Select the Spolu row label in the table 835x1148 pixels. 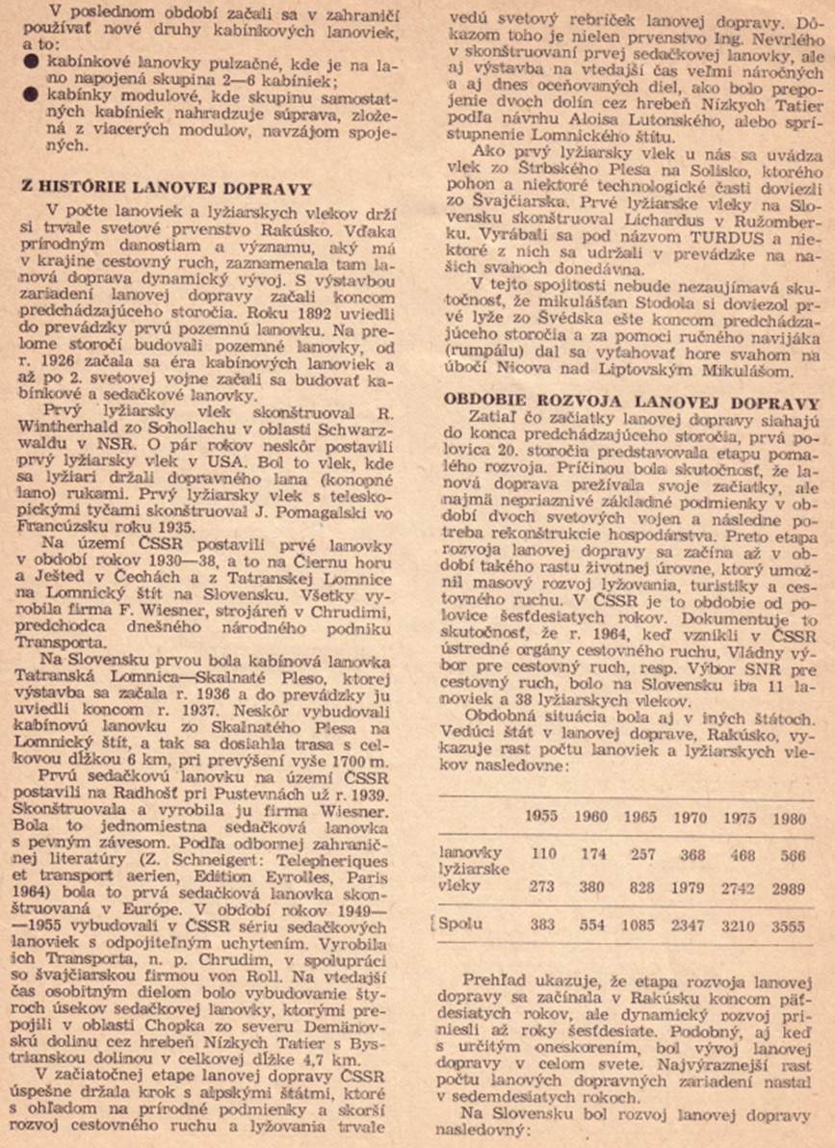click(461, 926)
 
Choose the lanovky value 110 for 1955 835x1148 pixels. click(544, 852)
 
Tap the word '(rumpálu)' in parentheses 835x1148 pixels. click(482, 352)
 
